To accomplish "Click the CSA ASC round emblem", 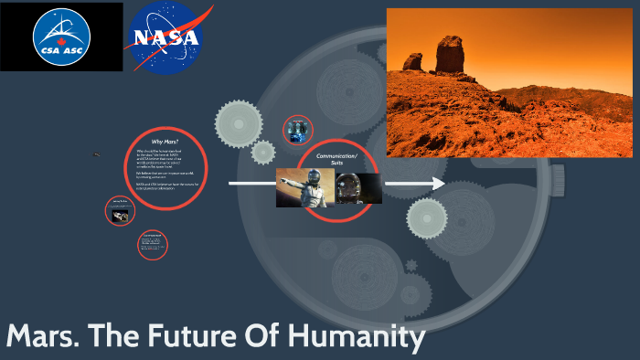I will [61, 37].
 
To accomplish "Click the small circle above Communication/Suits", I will [299, 130].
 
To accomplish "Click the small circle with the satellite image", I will [122, 212].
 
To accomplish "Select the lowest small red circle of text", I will [153, 244].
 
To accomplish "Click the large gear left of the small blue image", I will [238, 119].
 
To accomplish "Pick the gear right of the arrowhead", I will [426, 217].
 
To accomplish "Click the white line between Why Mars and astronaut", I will [251, 185].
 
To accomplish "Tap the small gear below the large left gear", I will [263, 152].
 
